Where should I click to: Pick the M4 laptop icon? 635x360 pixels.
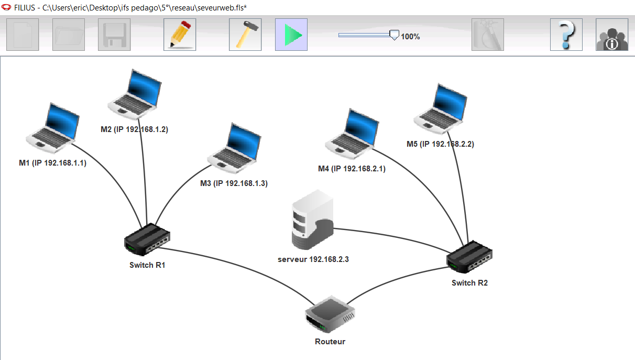(x=352, y=134)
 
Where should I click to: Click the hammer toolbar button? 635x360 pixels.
(x=245, y=35)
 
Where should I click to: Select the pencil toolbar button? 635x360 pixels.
(x=180, y=35)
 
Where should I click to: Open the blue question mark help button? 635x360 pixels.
(x=566, y=35)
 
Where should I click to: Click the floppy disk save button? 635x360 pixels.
(x=115, y=35)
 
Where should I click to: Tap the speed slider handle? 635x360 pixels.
(x=395, y=35)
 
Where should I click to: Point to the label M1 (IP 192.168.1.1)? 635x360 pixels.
(x=52, y=163)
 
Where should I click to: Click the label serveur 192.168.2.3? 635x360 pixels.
(x=313, y=259)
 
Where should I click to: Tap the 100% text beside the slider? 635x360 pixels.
(x=410, y=37)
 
